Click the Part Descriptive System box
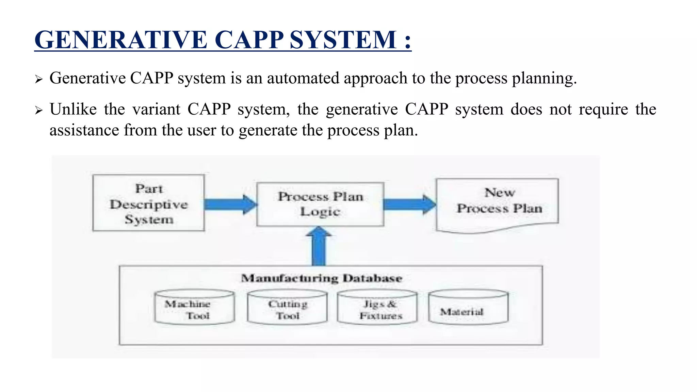[149, 203]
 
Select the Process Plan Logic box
[320, 204]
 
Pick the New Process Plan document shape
[497, 204]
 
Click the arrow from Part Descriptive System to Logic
[230, 205]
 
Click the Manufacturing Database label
[322, 278]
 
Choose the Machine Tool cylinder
[194, 307]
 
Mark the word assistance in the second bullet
[84, 130]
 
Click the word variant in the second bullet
[156, 110]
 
